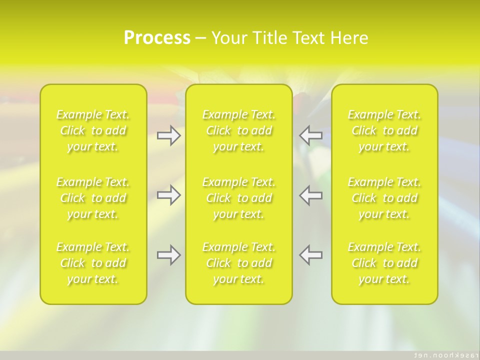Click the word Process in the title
[x=157, y=38]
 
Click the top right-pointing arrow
[x=168, y=135]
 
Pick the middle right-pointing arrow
[x=168, y=195]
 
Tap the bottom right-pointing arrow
[x=168, y=255]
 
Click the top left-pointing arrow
[x=311, y=135]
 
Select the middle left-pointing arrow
[x=311, y=195]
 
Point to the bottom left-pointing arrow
[x=311, y=255]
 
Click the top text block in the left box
[x=93, y=131]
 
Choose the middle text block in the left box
[x=93, y=198]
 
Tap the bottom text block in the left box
[x=93, y=263]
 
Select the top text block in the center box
[x=239, y=131]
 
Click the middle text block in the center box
[x=239, y=198]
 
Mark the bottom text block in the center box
[x=239, y=263]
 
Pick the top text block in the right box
[x=384, y=131]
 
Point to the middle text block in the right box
[x=384, y=198]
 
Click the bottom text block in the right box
[x=384, y=263]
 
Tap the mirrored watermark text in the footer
[x=442, y=354]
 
